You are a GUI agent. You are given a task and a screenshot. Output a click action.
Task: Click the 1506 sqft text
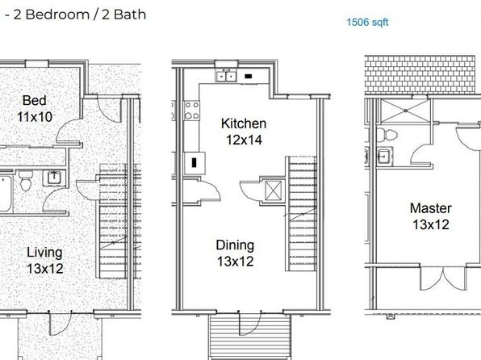(x=367, y=22)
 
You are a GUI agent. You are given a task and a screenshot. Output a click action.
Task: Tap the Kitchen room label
(x=244, y=123)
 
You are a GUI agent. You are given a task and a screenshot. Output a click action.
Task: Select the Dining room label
(x=235, y=245)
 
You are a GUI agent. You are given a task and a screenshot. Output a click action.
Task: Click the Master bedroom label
(x=430, y=208)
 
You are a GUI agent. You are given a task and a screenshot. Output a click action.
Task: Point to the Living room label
(x=44, y=253)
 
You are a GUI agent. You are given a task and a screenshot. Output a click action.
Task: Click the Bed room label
(x=35, y=100)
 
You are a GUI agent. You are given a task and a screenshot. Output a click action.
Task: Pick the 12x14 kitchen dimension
(x=244, y=140)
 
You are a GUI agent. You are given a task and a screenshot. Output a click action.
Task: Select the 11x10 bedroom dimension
(x=35, y=116)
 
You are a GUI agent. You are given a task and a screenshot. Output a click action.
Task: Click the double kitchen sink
(x=226, y=76)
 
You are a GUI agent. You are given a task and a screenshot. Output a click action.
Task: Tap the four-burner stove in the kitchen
(x=192, y=111)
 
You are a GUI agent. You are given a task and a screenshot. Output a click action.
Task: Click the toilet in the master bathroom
(x=387, y=135)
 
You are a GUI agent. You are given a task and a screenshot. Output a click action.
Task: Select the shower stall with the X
(x=405, y=111)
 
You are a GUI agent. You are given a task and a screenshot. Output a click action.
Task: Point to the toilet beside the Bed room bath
(x=26, y=181)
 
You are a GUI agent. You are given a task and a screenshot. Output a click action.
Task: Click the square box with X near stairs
(x=273, y=190)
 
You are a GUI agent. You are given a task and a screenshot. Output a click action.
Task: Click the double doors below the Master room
(x=442, y=278)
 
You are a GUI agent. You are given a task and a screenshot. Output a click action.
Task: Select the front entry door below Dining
(x=249, y=323)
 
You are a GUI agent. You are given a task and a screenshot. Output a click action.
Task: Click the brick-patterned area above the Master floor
(x=420, y=74)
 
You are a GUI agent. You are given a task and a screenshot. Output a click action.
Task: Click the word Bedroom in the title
(x=57, y=15)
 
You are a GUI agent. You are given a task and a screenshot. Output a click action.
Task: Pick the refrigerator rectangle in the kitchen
(x=194, y=163)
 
